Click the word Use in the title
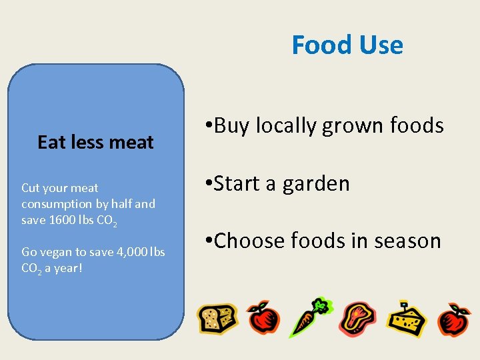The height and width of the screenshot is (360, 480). (381, 45)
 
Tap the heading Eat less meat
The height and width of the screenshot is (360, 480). (95, 142)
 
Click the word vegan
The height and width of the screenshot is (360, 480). (56, 251)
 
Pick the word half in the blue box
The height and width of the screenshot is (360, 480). (120, 203)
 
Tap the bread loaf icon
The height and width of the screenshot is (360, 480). (217, 318)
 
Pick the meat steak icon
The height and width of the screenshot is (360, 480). (357, 318)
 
